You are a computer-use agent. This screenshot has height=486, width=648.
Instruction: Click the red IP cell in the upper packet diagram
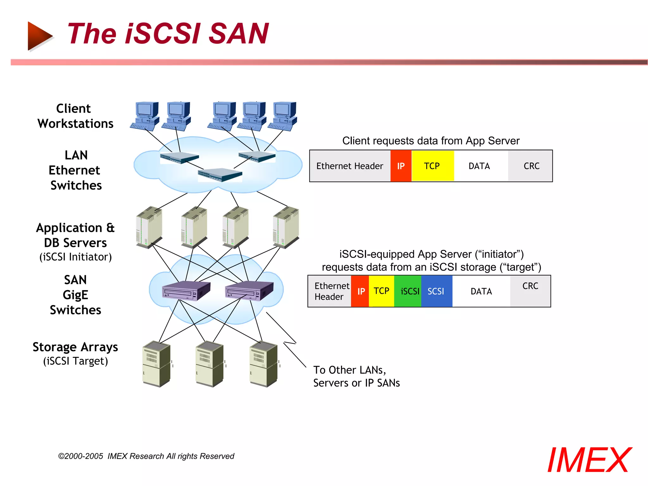401,166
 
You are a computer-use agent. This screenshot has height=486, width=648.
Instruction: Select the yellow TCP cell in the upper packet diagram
432,166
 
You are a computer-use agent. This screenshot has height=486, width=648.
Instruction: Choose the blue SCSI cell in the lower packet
436,291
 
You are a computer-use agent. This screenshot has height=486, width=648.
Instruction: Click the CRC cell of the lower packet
530,290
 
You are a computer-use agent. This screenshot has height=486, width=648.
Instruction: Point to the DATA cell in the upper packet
480,166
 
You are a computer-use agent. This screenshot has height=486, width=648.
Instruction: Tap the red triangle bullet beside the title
39,36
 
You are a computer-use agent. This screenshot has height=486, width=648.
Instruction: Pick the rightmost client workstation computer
283,116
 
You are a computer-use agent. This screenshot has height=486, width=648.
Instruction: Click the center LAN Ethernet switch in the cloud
220,174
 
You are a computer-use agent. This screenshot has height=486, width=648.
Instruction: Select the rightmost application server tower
286,227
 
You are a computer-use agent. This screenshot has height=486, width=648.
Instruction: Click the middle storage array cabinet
210,364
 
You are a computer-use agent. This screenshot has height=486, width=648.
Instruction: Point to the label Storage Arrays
75,347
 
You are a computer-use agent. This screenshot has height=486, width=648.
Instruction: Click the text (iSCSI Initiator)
75,257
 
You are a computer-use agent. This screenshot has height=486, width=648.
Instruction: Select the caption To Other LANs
349,370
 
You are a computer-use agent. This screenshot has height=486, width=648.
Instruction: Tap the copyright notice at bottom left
146,456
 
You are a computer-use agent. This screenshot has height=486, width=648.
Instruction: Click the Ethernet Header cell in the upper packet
350,166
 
